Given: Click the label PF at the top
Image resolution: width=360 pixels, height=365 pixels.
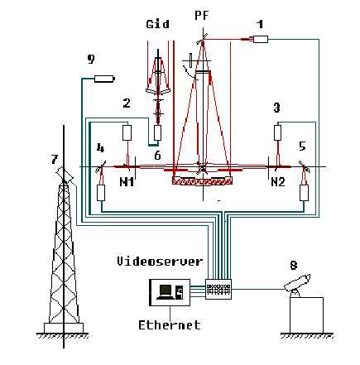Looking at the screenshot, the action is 201,15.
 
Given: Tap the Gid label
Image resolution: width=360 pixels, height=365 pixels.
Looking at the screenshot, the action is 157,24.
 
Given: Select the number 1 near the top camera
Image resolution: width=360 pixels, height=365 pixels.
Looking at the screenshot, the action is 260,24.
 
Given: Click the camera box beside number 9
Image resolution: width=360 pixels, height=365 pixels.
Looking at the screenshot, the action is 104,79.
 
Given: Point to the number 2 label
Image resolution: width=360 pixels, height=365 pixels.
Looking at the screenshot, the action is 127,103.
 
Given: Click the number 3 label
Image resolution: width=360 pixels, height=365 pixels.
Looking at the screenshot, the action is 276,108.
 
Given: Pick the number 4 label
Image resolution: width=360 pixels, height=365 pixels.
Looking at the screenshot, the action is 100,148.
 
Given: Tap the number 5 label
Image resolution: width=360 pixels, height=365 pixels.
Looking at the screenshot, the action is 303,146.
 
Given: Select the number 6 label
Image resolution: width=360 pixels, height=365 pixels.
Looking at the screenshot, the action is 157,156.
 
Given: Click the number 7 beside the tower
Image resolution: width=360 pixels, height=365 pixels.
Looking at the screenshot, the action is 55,159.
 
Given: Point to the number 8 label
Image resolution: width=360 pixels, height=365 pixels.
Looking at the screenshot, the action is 294,265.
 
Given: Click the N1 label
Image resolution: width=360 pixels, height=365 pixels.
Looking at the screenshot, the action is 127,182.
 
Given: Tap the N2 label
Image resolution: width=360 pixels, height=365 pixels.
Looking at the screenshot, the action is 278,182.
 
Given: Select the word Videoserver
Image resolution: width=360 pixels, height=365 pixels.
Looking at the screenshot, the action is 160,261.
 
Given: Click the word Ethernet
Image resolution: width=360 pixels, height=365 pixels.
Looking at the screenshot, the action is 170,325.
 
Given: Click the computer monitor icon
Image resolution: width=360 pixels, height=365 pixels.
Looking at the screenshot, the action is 166,292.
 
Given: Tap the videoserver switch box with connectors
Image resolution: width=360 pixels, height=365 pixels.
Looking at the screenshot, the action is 218,289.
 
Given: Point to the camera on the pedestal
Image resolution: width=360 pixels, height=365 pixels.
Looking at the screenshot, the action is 297,285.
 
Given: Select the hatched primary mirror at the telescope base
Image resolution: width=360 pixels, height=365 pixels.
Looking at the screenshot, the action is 202,181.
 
